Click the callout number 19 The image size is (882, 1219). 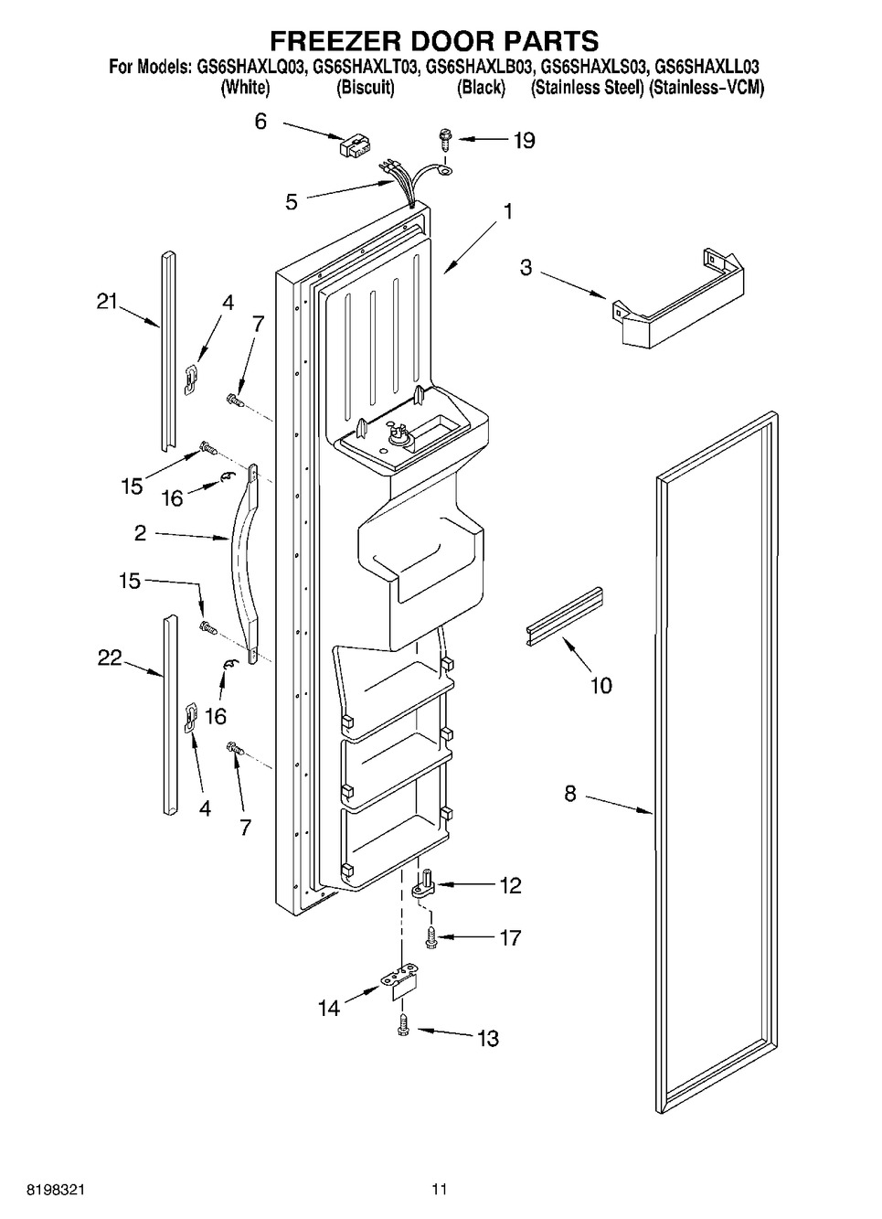(525, 141)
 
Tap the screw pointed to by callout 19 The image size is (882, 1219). (445, 138)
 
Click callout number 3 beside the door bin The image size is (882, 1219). (526, 268)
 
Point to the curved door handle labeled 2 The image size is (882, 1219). (247, 564)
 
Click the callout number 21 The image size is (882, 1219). (107, 301)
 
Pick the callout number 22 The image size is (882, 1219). (110, 658)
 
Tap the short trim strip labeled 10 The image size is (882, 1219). (563, 616)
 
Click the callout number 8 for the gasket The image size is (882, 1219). (569, 794)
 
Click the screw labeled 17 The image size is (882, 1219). (431, 938)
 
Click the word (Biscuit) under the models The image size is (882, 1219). (366, 88)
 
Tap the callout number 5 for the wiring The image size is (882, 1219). (292, 202)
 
